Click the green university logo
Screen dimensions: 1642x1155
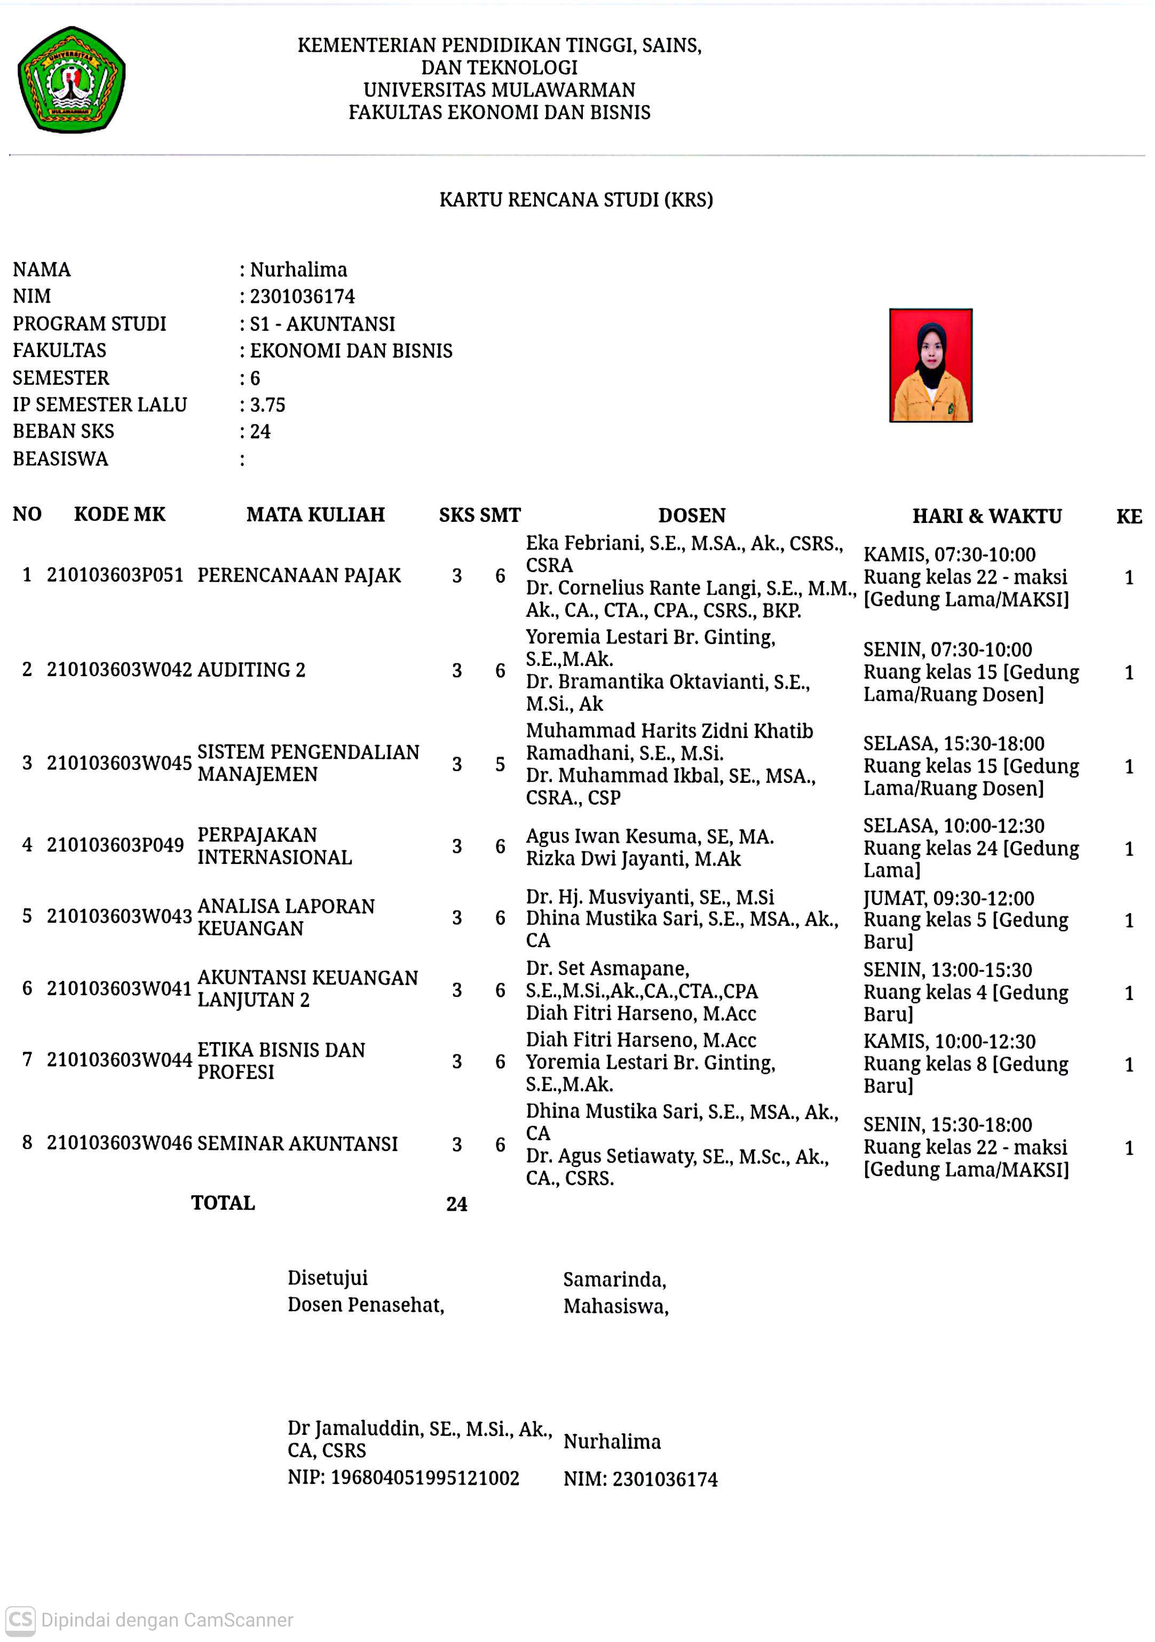72,80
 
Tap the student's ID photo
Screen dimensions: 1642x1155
930,366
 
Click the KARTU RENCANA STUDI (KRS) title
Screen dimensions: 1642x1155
576,200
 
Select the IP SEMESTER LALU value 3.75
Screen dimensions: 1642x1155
267,405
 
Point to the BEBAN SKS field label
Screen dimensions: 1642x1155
63,431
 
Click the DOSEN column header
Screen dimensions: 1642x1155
692,515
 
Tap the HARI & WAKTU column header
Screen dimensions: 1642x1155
987,515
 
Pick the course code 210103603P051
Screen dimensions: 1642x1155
115,575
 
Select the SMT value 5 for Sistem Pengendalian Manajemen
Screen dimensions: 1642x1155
500,764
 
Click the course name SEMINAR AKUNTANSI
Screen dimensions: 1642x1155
297,1144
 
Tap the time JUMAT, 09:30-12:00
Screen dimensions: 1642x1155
948,898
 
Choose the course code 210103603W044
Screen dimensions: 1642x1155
118,1059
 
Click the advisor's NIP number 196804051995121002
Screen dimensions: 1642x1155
425,1478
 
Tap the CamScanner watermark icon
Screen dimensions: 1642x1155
20,1619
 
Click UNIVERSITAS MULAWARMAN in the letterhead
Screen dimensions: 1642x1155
499,90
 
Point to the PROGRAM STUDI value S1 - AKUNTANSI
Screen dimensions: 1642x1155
322,324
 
